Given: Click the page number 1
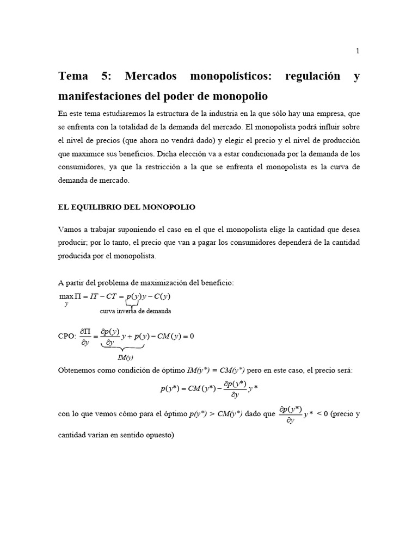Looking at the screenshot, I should tap(358, 51).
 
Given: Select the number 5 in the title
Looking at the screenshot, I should tap(106, 76).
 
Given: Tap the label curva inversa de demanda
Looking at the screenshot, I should tap(136, 311).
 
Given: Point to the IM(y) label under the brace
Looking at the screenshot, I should tap(125, 357).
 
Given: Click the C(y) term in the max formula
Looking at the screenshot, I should tap(162, 296).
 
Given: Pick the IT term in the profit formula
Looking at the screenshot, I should tap(96, 296).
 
